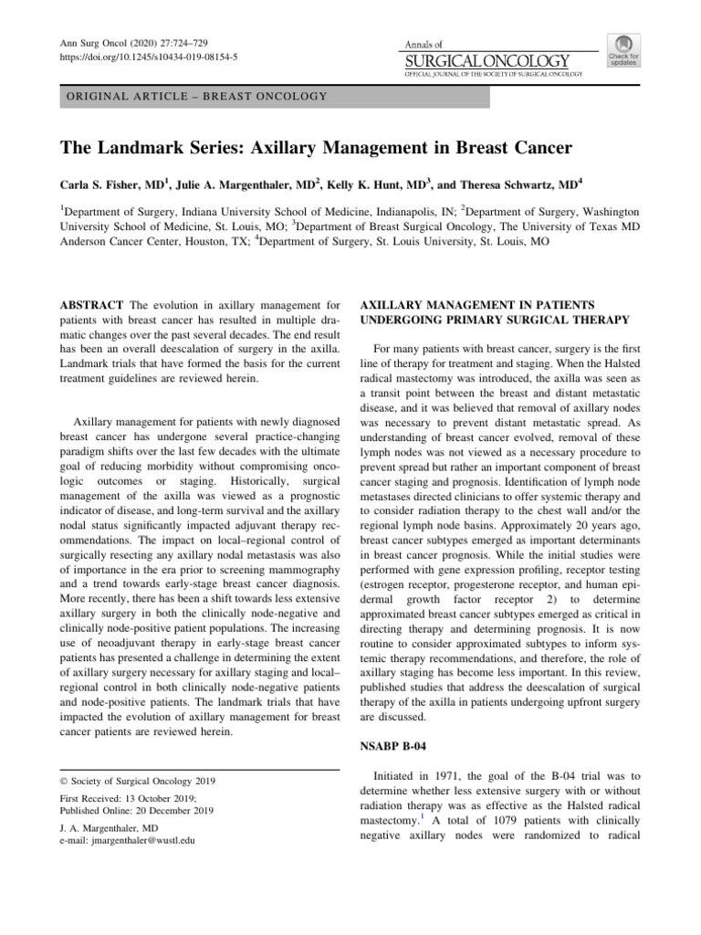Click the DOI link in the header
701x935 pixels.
(149, 56)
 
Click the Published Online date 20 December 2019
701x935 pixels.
(176, 810)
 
